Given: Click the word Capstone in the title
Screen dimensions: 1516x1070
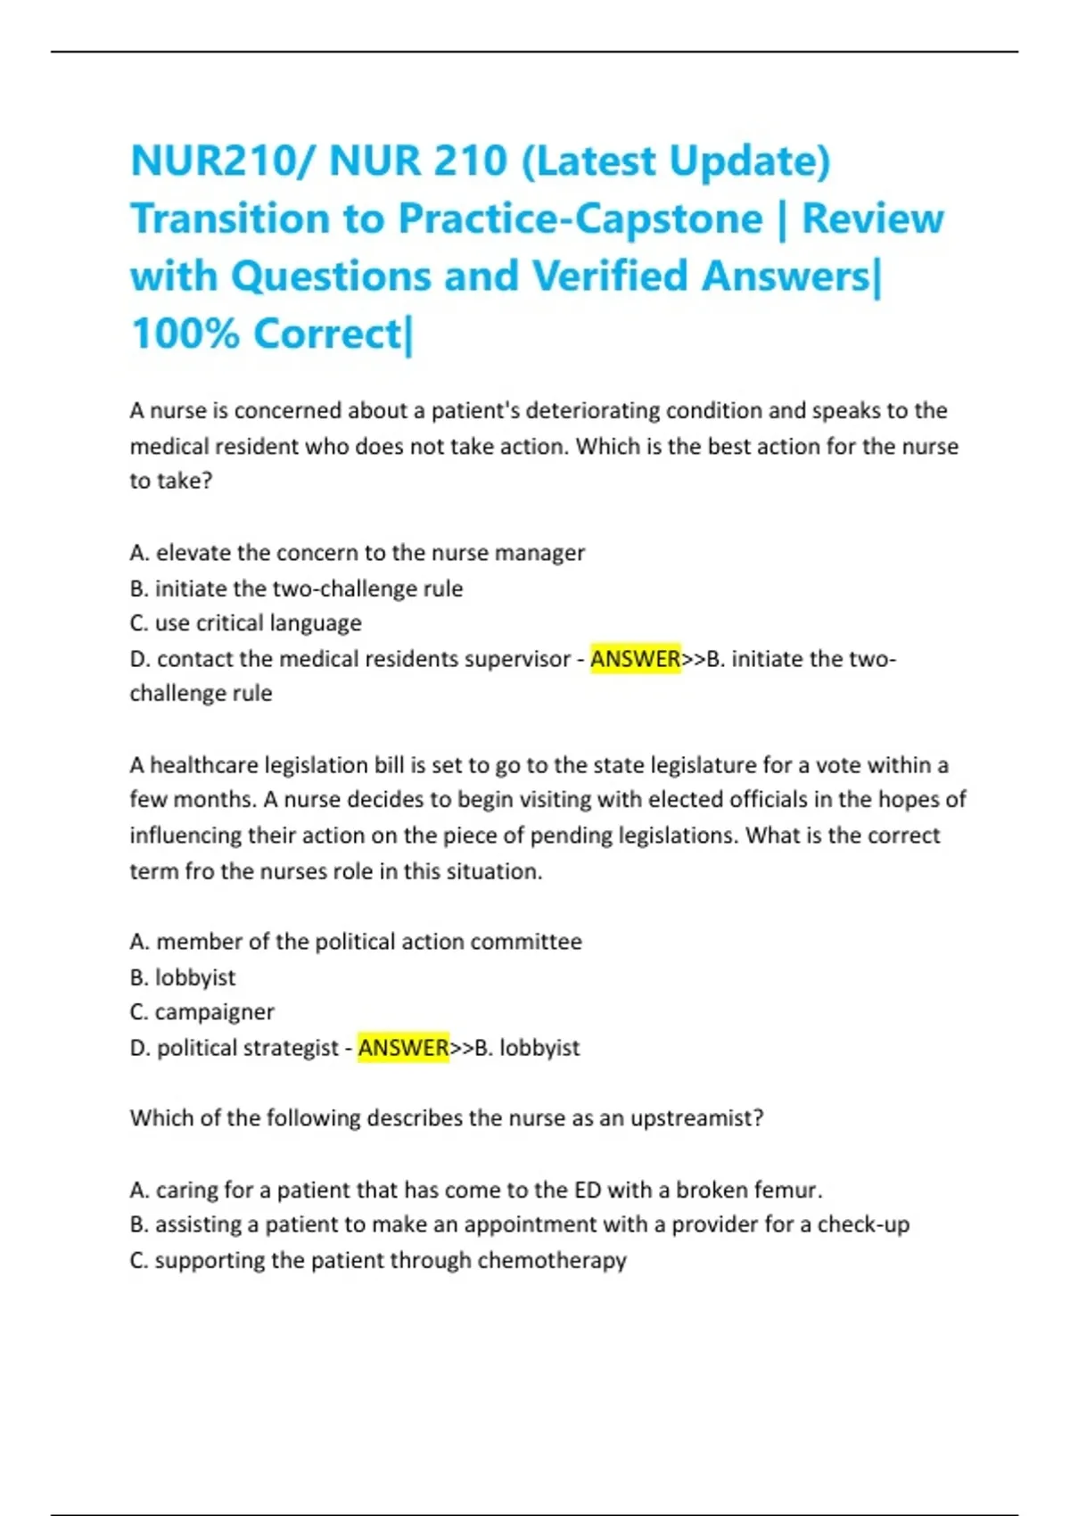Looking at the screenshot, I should tap(669, 219).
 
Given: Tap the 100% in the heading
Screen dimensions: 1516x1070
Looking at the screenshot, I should tap(185, 334).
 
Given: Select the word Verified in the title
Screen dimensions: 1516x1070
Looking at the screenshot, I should tap(611, 276).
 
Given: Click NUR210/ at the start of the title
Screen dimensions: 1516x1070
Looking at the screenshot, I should tap(222, 161).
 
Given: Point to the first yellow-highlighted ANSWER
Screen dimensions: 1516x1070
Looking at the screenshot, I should tap(635, 659).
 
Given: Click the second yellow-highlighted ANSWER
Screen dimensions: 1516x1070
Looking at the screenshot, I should tap(403, 1048).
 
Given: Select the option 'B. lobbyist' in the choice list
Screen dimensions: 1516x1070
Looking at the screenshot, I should tap(183, 977).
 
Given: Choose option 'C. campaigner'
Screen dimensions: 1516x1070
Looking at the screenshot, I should tap(202, 1012).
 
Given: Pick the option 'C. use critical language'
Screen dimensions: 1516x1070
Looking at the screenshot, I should tap(246, 623).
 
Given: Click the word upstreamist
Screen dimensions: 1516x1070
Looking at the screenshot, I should tap(696, 1118).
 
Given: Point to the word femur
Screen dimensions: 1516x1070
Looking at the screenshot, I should tap(787, 1190).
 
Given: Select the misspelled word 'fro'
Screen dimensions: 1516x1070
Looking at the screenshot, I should tap(199, 871).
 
